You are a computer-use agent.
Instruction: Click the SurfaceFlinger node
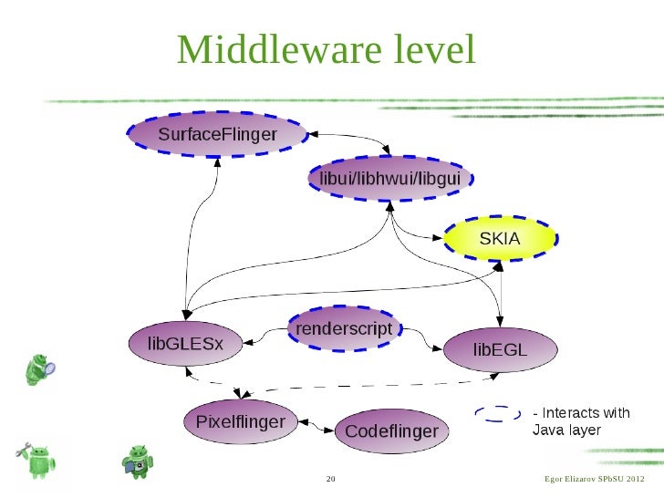217,136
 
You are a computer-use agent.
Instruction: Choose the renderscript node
345,328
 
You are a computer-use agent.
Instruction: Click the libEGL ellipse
499,348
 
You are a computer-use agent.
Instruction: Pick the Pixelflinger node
240,422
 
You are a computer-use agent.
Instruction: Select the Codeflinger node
391,431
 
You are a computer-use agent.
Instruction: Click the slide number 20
331,480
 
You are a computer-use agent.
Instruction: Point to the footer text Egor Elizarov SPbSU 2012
593,480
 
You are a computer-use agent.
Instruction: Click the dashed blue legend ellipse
498,415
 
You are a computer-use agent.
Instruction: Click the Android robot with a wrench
36,460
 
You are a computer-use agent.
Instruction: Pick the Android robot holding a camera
138,461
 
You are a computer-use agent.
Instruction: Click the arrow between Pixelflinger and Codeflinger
314,425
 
